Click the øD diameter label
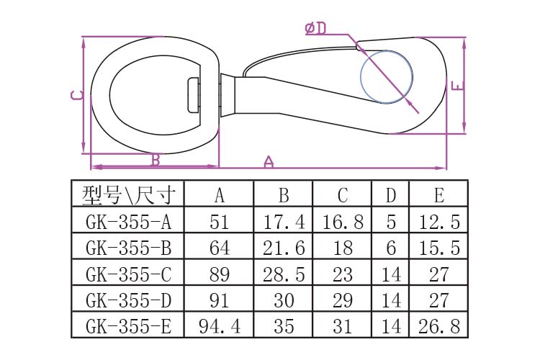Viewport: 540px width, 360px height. coord(315,28)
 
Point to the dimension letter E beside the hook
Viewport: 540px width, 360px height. coord(458,86)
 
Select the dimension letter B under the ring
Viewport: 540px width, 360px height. coord(156,160)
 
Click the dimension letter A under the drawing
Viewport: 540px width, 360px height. coord(269,161)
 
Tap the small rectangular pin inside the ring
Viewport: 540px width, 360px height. coord(194,95)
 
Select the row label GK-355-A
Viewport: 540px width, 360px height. coord(128,222)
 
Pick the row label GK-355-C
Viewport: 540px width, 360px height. coord(128,274)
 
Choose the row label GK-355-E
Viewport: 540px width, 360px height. coord(128,327)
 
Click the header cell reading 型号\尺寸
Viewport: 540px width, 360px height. coord(128,195)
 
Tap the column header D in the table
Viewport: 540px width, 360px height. coord(391,195)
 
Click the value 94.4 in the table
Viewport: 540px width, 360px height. coord(220,327)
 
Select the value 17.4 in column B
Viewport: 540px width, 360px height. coord(284,222)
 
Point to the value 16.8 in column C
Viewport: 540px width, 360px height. coord(343,222)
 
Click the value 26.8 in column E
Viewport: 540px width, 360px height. coord(439,327)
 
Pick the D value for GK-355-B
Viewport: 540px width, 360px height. coord(391,248)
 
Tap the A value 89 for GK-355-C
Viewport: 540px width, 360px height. coord(220,274)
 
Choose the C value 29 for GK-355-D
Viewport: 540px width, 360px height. coord(343,300)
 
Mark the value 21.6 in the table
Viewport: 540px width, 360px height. coord(284,248)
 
